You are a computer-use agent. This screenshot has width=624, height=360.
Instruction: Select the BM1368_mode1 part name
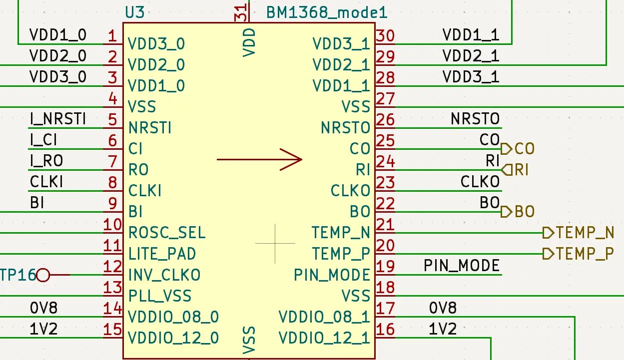[x=327, y=12]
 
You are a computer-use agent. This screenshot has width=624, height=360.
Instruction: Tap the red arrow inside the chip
[x=260, y=159]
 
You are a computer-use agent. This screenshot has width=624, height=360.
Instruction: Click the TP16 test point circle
[x=44, y=275]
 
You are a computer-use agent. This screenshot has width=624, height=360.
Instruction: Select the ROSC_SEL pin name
[x=167, y=233]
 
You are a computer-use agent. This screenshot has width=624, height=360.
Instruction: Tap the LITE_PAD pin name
[x=162, y=254]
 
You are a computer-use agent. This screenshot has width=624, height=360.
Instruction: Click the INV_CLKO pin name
[x=164, y=275]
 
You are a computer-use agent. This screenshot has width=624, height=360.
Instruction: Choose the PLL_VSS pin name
[x=160, y=296]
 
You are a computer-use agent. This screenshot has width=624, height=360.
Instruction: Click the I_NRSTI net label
[x=58, y=119]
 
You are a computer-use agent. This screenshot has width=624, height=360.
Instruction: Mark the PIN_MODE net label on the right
[x=462, y=265]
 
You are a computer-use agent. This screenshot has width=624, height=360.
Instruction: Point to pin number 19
[x=385, y=266]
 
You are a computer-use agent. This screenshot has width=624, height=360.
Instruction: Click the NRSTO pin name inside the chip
[x=345, y=128]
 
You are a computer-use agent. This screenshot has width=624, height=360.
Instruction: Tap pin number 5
[x=112, y=119]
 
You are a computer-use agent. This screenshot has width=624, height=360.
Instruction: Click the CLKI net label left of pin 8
[x=46, y=182]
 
